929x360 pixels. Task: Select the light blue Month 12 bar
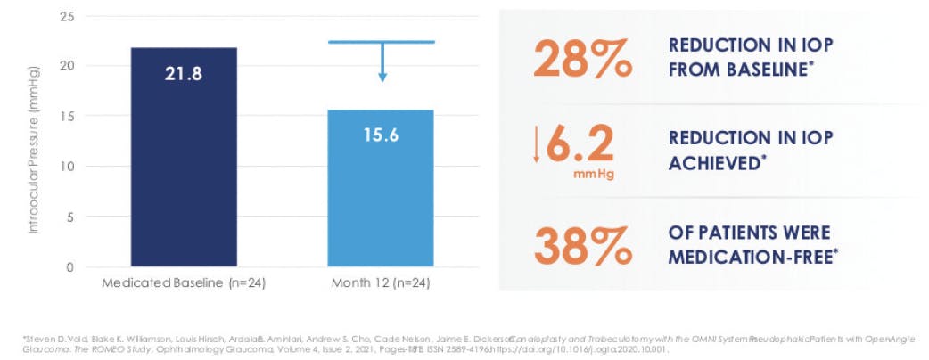382,188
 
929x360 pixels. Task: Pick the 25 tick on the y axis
67,16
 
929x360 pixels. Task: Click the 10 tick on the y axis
67,167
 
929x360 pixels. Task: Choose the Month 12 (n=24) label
382,282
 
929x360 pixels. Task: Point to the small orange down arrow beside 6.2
536,144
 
